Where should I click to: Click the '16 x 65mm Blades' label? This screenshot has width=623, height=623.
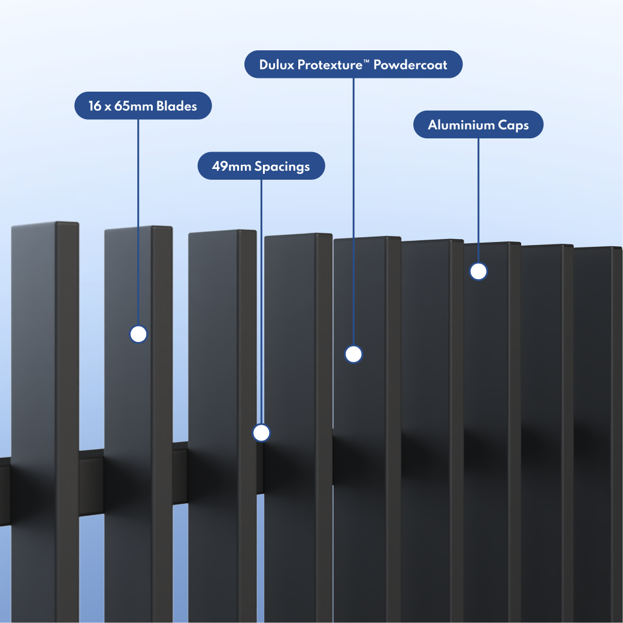(x=143, y=105)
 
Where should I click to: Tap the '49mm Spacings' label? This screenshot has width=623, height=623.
(x=261, y=166)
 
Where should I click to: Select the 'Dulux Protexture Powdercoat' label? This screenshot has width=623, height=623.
(x=353, y=64)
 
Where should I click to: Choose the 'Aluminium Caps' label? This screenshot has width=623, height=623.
(x=479, y=125)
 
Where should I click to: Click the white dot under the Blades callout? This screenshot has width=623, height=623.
(x=138, y=334)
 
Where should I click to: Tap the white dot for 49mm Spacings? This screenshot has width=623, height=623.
(x=261, y=433)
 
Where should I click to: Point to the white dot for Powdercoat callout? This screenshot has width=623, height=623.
(x=353, y=354)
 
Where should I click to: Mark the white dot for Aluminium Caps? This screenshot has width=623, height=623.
(x=479, y=271)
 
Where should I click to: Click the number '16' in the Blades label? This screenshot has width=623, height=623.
(x=95, y=106)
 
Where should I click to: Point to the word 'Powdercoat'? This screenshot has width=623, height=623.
(x=410, y=65)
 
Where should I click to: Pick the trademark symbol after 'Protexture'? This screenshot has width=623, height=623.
(x=367, y=61)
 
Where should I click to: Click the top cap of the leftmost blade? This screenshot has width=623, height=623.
(x=45, y=225)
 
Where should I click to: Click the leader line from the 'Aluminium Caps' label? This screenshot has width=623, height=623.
(x=479, y=200)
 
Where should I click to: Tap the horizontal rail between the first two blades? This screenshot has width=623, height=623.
(x=92, y=483)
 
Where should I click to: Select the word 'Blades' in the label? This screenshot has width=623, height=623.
(x=176, y=106)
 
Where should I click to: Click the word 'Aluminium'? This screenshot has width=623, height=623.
(x=461, y=125)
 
